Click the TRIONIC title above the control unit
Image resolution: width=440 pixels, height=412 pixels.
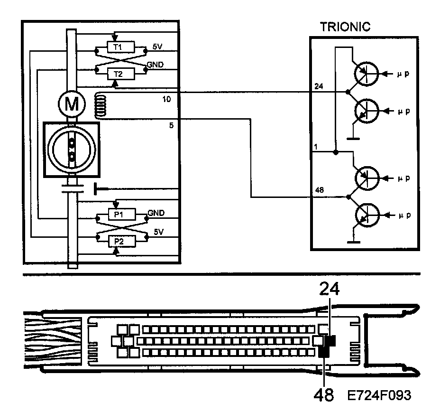click(x=345, y=27)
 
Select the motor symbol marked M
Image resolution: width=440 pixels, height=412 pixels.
click(x=72, y=104)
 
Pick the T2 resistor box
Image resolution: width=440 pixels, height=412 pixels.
click(x=116, y=73)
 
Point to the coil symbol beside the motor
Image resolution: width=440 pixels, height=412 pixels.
click(x=100, y=105)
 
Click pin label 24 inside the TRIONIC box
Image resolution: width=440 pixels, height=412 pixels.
click(x=319, y=86)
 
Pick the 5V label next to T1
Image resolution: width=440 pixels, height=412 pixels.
click(x=157, y=47)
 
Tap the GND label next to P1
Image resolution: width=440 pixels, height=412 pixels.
click(x=156, y=213)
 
